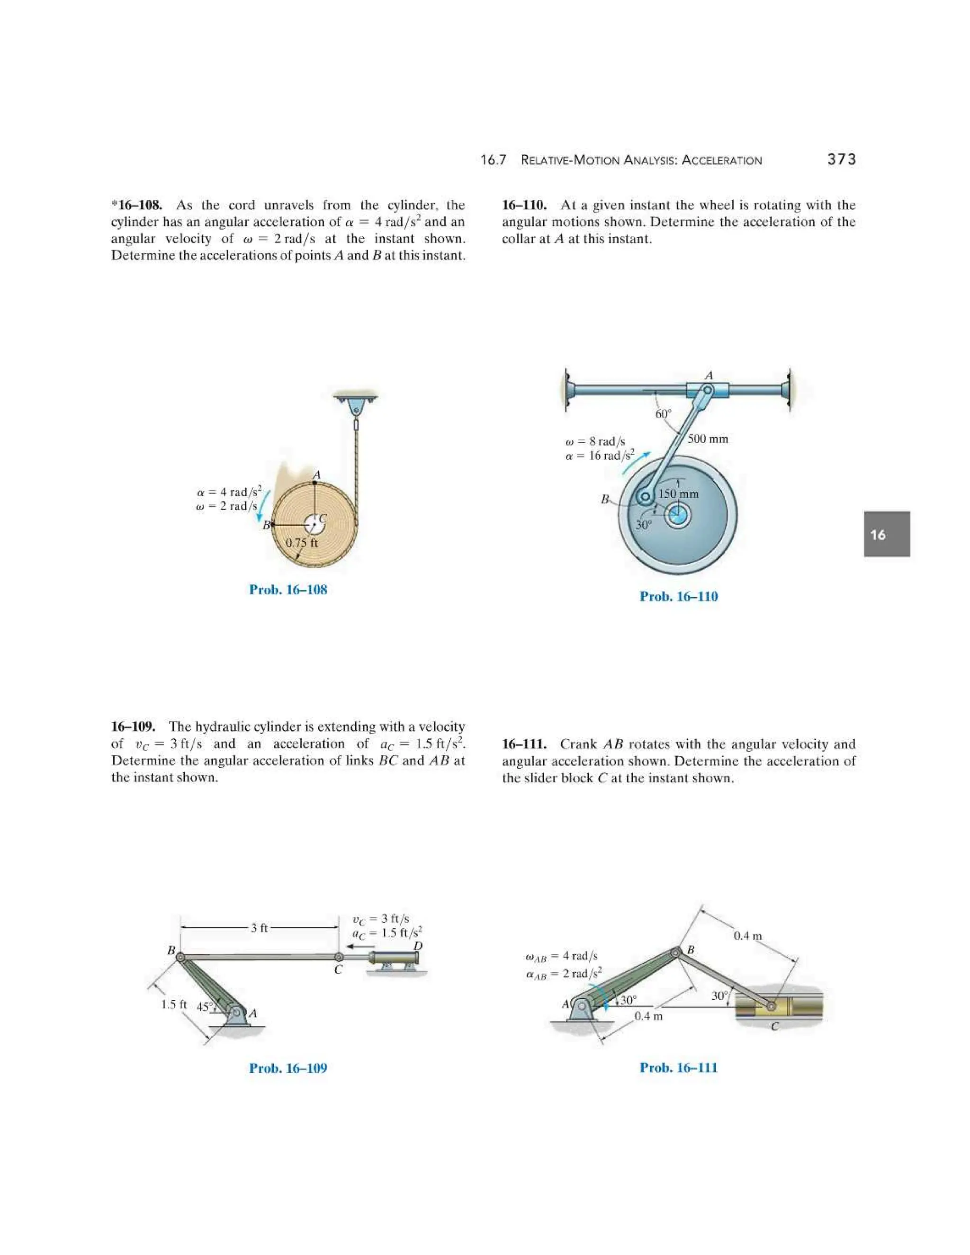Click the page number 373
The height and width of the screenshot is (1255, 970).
(841, 160)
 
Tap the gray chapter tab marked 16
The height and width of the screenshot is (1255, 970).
(886, 534)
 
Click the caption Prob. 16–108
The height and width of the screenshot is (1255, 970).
(288, 590)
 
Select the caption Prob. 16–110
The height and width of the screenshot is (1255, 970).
(678, 596)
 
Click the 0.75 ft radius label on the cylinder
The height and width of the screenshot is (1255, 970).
(302, 542)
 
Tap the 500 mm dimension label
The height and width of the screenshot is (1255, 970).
(708, 439)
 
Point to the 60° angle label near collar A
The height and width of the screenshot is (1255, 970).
(663, 414)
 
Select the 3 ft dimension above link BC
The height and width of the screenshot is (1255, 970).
(259, 928)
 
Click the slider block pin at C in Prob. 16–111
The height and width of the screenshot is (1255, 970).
(771, 1006)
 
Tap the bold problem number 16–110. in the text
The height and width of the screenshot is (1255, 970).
(524, 205)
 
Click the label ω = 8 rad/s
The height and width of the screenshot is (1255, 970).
(595, 441)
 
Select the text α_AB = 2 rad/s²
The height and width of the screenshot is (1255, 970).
(564, 973)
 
